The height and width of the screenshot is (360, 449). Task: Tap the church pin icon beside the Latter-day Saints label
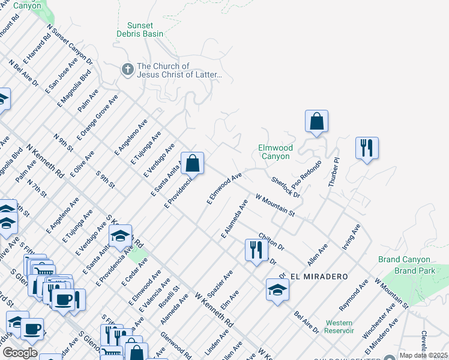tap(127, 70)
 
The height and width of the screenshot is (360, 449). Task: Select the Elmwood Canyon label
tap(275, 152)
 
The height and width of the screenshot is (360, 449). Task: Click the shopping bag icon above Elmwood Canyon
tap(316, 122)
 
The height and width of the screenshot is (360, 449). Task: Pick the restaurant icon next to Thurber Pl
tap(366, 148)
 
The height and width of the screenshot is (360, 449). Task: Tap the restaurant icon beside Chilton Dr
tap(256, 250)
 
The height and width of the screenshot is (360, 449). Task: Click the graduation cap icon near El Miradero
tap(277, 291)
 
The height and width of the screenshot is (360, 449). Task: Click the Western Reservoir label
tap(339, 327)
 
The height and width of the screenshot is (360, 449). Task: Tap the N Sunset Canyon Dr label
tap(70, 44)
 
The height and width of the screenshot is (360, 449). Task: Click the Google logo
tap(20, 353)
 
